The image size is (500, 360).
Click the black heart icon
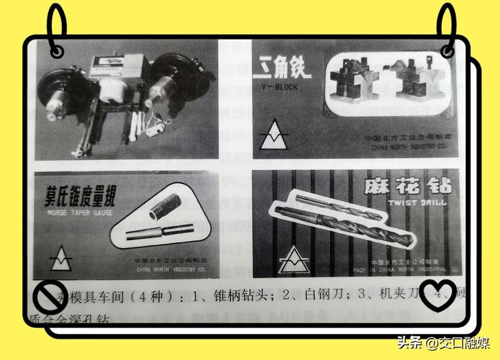tap(438, 296)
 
